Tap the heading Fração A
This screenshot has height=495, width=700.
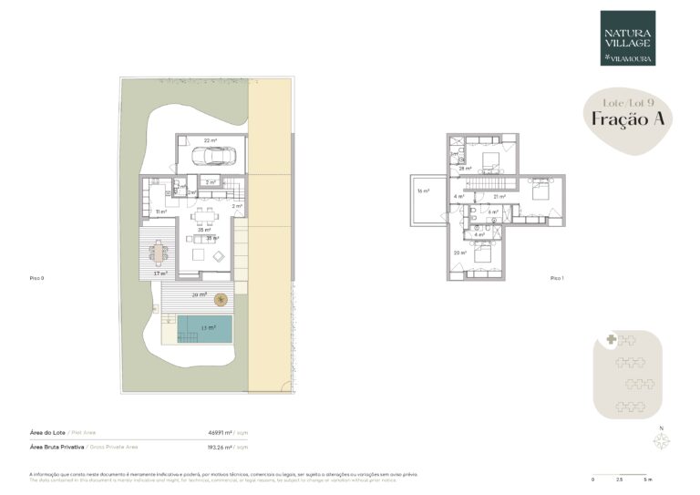point(619,118)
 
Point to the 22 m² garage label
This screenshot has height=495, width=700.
point(211,140)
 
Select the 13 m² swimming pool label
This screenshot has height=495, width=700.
point(209,327)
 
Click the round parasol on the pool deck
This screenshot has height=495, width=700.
point(220,298)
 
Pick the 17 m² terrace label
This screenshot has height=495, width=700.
point(160,273)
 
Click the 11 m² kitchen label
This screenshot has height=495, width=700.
point(160,211)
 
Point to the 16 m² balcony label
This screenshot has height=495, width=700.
point(423,191)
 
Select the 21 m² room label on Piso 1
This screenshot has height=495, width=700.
point(499,196)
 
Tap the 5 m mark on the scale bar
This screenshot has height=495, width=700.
point(648,480)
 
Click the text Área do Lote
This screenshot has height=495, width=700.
point(51,432)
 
